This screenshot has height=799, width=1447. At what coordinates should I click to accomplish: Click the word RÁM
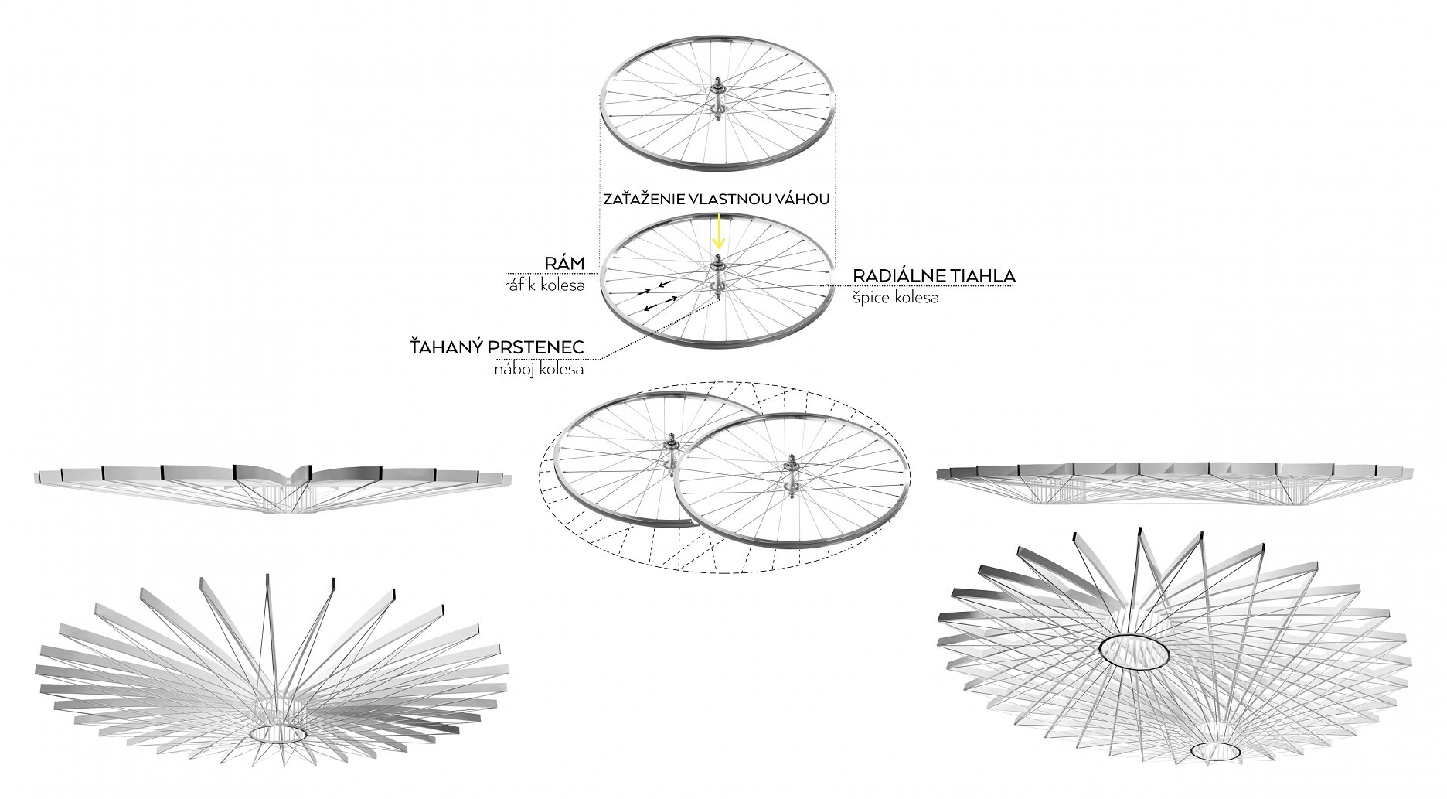click(x=566, y=263)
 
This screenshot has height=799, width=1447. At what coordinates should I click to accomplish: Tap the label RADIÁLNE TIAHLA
click(x=934, y=275)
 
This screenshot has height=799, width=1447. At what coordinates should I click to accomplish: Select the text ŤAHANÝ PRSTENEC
click(x=496, y=349)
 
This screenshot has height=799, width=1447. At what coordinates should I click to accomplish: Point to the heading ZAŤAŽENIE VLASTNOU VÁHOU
click(x=717, y=199)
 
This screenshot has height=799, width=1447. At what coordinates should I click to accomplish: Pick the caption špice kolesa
click(x=896, y=297)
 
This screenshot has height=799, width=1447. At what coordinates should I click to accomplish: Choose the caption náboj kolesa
click(x=539, y=370)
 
